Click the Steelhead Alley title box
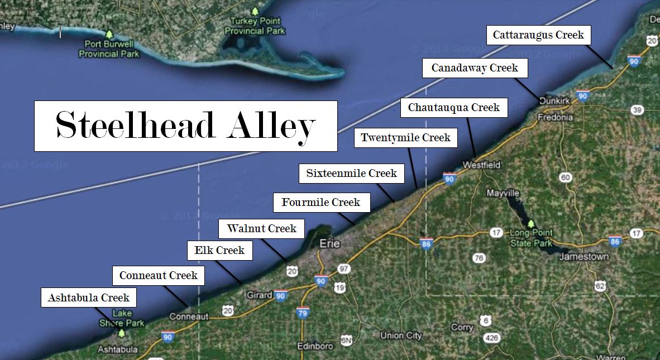click(185, 126)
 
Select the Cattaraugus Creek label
click(538, 35)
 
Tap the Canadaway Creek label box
click(475, 68)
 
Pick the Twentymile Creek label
click(405, 137)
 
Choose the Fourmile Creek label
click(321, 202)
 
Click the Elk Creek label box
click(219, 250)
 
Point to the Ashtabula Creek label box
click(89, 297)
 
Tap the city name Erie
click(329, 243)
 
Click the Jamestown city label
click(584, 257)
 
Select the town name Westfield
click(481, 165)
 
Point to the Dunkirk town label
click(554, 101)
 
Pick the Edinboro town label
click(315, 346)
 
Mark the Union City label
click(401, 335)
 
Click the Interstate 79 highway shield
click(303, 312)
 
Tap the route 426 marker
click(491, 338)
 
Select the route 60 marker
click(566, 177)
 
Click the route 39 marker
click(637, 110)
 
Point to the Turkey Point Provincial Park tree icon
click(255, 11)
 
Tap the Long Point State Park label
click(531, 238)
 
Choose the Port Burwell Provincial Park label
click(109, 49)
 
